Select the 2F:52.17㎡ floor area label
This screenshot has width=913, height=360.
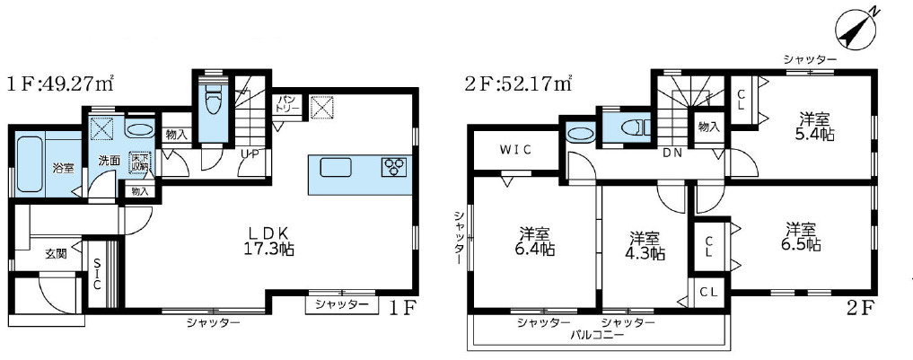point(520,85)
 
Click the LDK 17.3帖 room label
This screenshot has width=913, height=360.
point(269,240)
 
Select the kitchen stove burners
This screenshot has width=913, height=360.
point(394,166)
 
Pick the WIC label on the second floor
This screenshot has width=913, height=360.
point(514,149)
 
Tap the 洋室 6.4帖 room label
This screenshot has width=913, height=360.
point(536,240)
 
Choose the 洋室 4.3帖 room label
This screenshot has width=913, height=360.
point(646,245)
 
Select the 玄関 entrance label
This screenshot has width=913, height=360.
point(56,254)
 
